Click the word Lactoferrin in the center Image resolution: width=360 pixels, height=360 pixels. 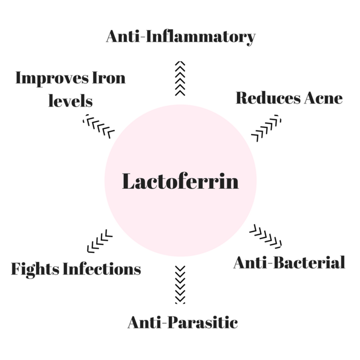click(x=180, y=181)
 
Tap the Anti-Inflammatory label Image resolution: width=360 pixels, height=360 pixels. click(x=180, y=36)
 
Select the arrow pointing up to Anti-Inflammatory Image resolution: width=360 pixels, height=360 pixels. click(x=180, y=78)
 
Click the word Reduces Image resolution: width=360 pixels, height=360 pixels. click(x=268, y=98)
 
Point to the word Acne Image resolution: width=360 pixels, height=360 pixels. click(x=324, y=98)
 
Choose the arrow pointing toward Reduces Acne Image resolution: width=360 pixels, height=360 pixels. click(x=266, y=128)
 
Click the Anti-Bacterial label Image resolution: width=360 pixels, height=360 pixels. click(x=289, y=263)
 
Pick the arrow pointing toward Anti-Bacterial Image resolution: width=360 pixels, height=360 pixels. click(x=265, y=237)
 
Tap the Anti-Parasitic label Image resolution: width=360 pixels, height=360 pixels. click(x=183, y=323)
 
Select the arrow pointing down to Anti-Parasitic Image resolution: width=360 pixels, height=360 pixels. click(x=180, y=285)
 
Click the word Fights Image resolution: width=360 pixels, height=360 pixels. click(x=35, y=269)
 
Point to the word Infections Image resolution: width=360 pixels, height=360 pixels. click(x=102, y=269)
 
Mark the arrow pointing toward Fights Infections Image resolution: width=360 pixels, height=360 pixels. click(x=100, y=241)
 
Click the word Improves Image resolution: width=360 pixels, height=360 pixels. click(x=52, y=79)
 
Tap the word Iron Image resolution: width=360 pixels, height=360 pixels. click(x=109, y=78)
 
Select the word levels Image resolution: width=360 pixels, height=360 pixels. click(x=71, y=101)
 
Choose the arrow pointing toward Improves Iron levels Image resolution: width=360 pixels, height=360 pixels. click(x=99, y=126)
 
